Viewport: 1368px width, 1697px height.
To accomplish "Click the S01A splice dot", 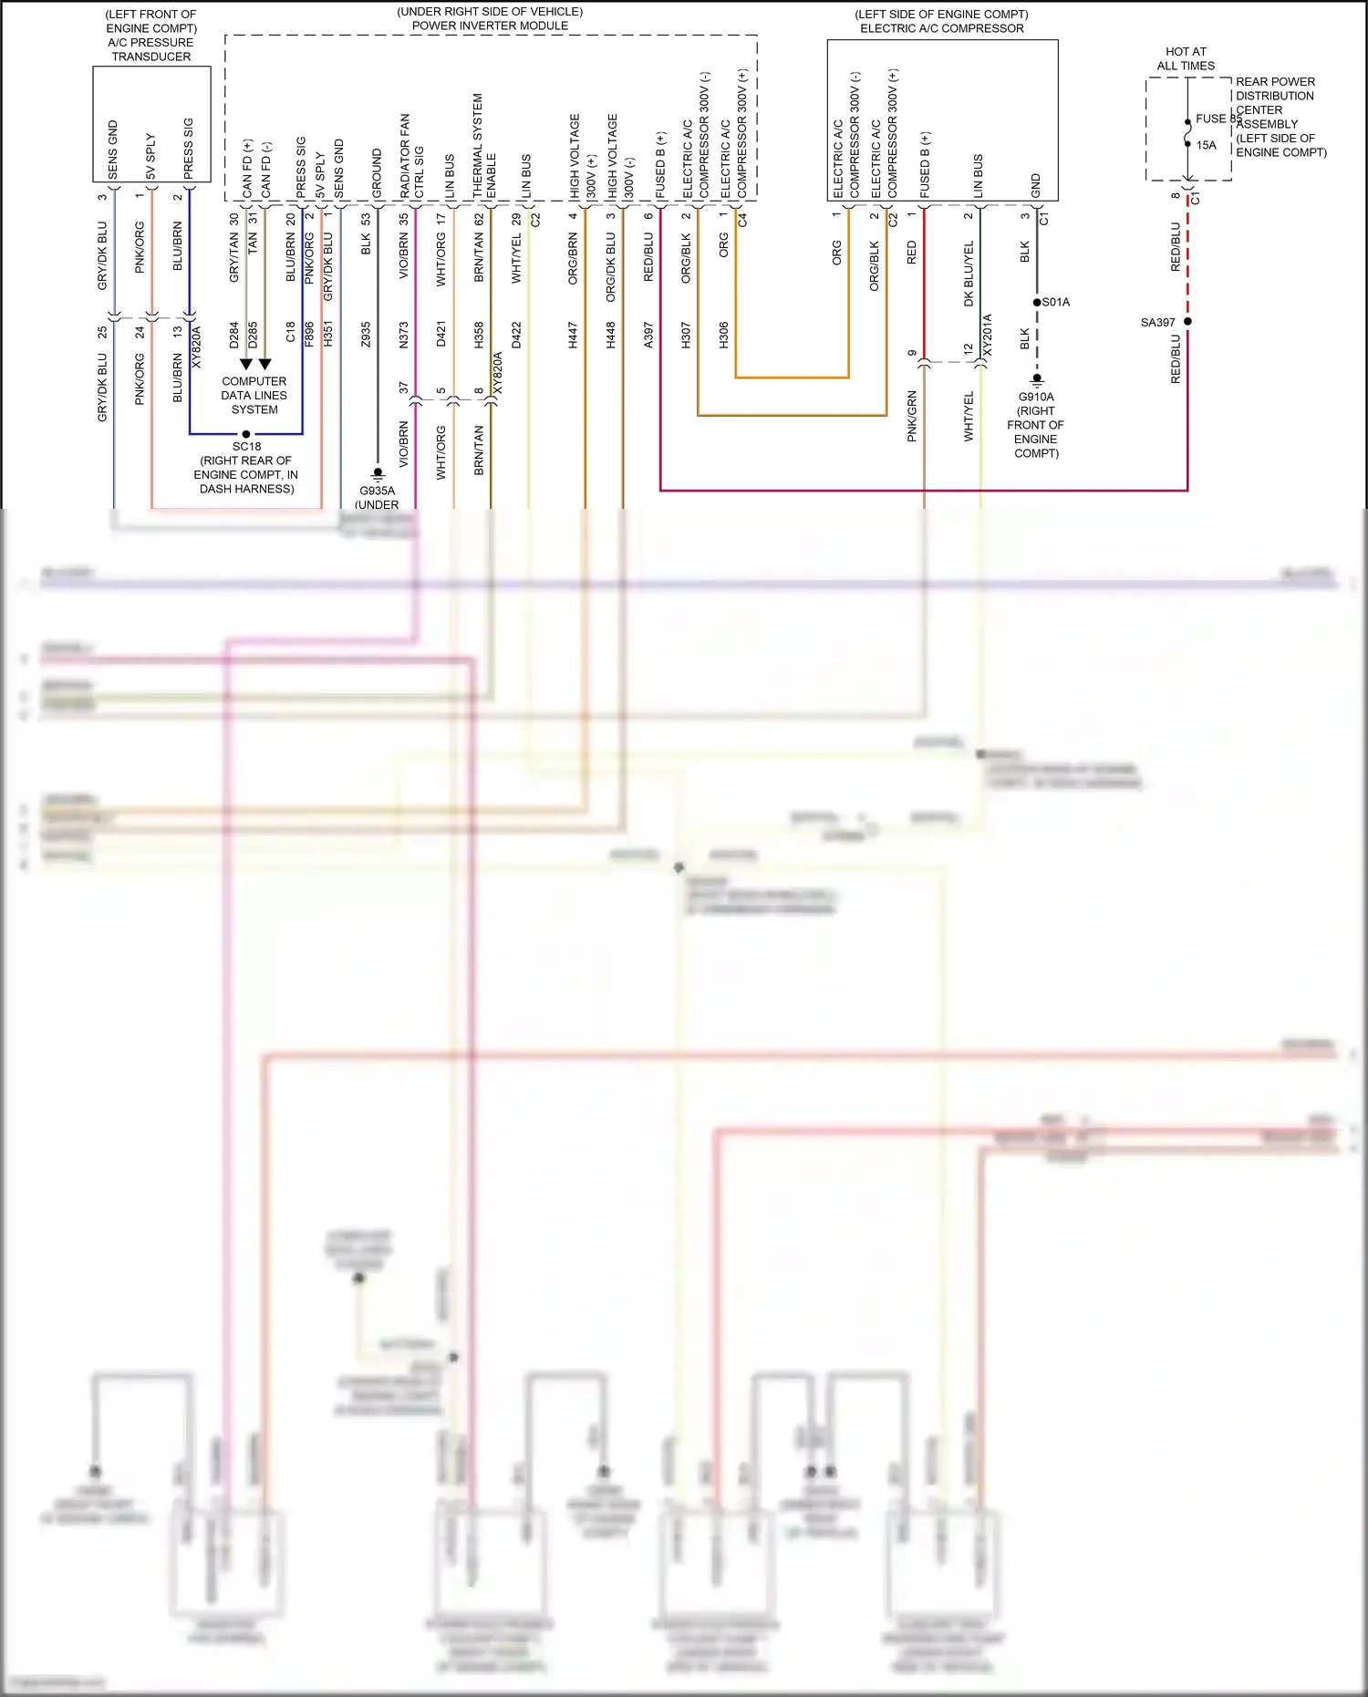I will pos(1037,302).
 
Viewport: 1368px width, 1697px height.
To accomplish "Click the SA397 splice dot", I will pos(1187,321).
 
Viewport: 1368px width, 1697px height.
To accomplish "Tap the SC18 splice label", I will pos(246,446).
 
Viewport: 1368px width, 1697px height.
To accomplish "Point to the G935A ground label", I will pos(377,491).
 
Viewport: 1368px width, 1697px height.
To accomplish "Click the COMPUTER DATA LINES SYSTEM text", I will pos(254,395).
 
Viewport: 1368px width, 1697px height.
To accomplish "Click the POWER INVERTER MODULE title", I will pos(490,26).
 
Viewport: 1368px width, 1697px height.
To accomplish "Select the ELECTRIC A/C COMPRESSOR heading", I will pos(941,28).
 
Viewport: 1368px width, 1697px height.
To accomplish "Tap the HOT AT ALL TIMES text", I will pos(1186,58).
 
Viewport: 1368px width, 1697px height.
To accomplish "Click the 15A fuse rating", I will pos(1206,145).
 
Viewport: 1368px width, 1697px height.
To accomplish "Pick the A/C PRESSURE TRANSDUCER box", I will pos(151,123).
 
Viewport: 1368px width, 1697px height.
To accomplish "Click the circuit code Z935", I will pos(366,335).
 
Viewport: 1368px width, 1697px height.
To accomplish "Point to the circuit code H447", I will pos(573,335).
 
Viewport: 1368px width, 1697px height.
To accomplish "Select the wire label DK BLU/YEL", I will pos(969,273).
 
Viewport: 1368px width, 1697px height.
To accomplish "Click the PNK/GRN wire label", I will pos(911,416).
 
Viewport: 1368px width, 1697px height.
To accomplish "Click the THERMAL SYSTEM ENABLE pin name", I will pos(484,146).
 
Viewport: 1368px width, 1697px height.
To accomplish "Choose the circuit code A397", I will pos(648,335).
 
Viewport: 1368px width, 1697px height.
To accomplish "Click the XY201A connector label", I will pos(987,336).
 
